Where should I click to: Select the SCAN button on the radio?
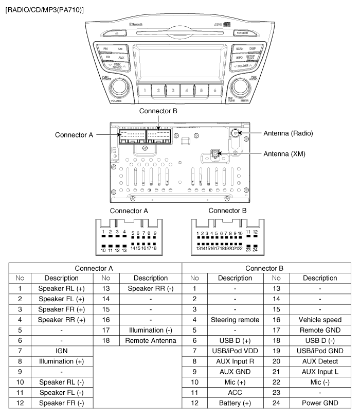(239, 48)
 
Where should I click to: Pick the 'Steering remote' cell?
(235, 320)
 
